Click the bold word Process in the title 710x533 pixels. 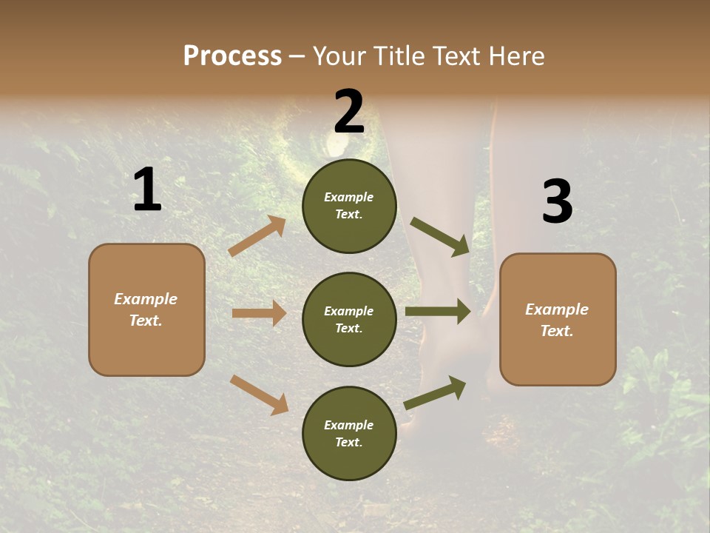232,56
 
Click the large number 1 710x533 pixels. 147,190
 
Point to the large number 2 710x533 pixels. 349,112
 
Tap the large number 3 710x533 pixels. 557,202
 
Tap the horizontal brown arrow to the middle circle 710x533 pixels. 259,313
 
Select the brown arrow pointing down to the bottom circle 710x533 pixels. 259,395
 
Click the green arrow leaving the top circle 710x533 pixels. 440,236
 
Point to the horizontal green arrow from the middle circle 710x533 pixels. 438,312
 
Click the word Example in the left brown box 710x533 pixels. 146,299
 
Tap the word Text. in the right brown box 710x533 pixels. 557,331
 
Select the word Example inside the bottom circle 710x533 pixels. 349,425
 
